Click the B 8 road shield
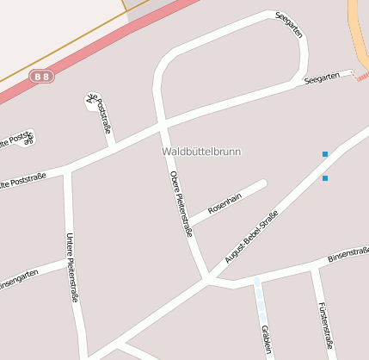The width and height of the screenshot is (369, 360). pyautogui.click(x=40, y=77)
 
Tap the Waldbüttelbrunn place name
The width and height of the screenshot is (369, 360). pyautogui.click(x=201, y=152)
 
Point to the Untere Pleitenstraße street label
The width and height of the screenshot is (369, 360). pyautogui.click(x=72, y=266)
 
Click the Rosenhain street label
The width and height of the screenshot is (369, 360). pyautogui.click(x=225, y=203)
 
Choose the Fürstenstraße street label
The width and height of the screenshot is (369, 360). pyautogui.click(x=324, y=323)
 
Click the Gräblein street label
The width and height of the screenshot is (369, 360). pyautogui.click(x=265, y=338)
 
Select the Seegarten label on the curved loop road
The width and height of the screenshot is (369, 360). pyautogui.click(x=289, y=24)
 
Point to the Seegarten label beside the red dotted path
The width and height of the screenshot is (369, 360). pyautogui.click(x=322, y=78)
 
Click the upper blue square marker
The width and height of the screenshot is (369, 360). pyautogui.click(x=325, y=154)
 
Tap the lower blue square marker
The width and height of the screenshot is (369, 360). pyautogui.click(x=325, y=178)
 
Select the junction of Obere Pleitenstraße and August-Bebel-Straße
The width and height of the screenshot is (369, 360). pyautogui.click(x=207, y=278)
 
